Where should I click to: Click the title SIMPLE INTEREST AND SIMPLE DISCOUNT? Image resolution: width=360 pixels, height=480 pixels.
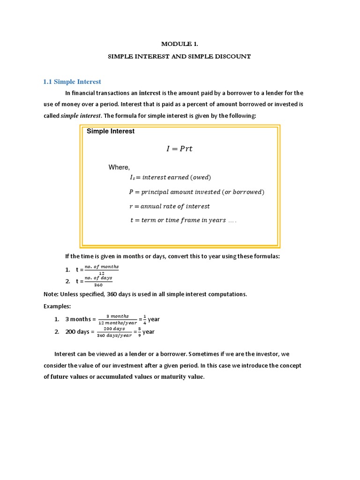click(x=180, y=56)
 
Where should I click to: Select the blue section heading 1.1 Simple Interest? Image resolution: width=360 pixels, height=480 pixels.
click(x=72, y=82)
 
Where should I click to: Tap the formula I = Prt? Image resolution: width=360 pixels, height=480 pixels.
click(x=180, y=149)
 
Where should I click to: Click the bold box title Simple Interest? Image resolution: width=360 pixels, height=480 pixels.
click(x=111, y=131)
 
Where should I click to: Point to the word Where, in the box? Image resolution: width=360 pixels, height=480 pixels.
click(x=119, y=167)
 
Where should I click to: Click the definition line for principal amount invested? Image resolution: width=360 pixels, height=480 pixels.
click(x=196, y=192)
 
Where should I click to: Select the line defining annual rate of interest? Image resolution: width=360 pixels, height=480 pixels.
click(x=169, y=206)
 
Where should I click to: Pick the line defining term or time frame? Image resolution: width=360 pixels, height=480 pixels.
click(x=183, y=220)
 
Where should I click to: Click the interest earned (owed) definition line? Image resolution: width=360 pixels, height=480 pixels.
click(x=170, y=177)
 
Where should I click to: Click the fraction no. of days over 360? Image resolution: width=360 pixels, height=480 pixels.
click(x=98, y=281)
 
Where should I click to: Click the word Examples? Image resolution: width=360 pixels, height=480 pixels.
click(x=57, y=306)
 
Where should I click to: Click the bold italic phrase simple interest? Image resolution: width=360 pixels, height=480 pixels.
click(x=80, y=116)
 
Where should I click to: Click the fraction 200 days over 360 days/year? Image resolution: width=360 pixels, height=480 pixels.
click(x=115, y=332)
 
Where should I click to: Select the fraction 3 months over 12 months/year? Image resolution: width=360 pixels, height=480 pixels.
click(x=118, y=319)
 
